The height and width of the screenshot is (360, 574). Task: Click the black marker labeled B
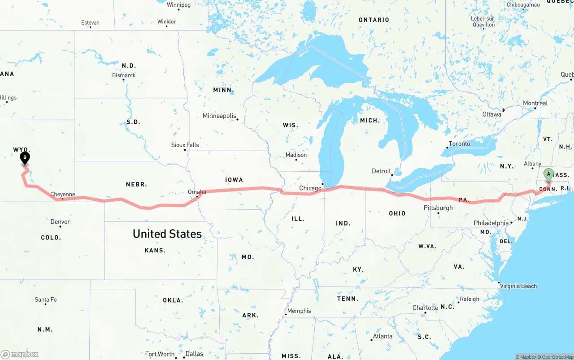tap(25, 158)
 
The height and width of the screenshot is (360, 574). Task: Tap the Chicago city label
tap(310, 188)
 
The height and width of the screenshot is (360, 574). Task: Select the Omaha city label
tap(197, 192)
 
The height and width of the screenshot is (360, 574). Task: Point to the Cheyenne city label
tap(62, 195)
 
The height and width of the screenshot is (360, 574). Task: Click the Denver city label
tap(60, 221)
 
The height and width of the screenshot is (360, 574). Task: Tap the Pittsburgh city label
tap(438, 208)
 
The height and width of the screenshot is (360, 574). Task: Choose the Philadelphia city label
tap(491, 223)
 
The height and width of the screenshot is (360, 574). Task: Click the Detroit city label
tap(381, 171)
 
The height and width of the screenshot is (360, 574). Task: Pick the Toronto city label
tap(459, 143)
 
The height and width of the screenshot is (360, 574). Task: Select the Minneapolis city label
tap(219, 116)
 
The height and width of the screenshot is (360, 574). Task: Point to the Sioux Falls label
tap(185, 145)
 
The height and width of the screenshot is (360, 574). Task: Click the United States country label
tap(167, 234)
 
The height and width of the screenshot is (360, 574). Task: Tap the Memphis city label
tap(299, 311)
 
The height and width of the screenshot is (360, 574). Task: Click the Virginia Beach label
tap(518, 286)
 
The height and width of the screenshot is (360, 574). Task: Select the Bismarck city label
tap(124, 75)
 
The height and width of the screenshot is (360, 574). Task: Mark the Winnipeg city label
tap(178, 5)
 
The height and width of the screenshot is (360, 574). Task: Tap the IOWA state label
tap(234, 180)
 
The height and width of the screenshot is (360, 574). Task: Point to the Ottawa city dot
tap(504, 110)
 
